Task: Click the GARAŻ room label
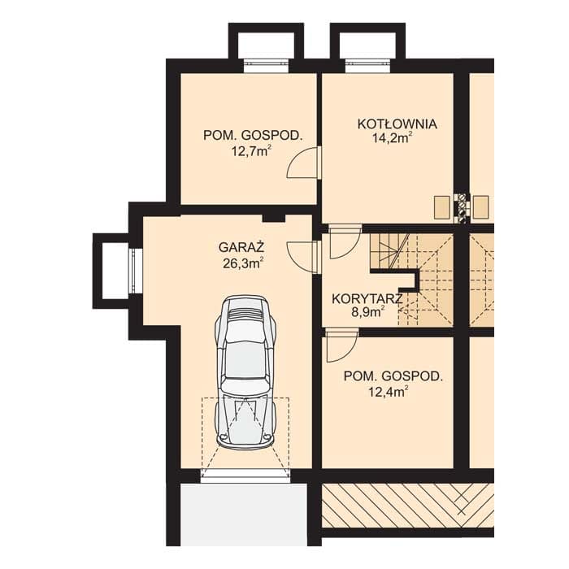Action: click(241, 247)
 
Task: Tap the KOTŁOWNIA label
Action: click(397, 124)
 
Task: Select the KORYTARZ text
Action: click(367, 299)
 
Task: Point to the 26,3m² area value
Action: click(243, 263)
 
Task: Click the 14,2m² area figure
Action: click(393, 138)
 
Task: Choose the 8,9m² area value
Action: click(367, 312)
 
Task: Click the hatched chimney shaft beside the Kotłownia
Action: click(462, 206)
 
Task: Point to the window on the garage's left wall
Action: click(136, 271)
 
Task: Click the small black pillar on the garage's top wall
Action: click(274, 218)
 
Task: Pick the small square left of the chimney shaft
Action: click(442, 207)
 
